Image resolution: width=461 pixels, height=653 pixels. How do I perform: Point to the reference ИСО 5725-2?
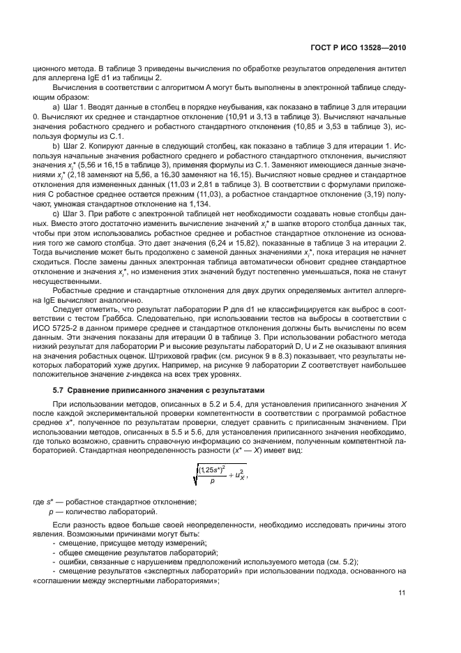(58, 327)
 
